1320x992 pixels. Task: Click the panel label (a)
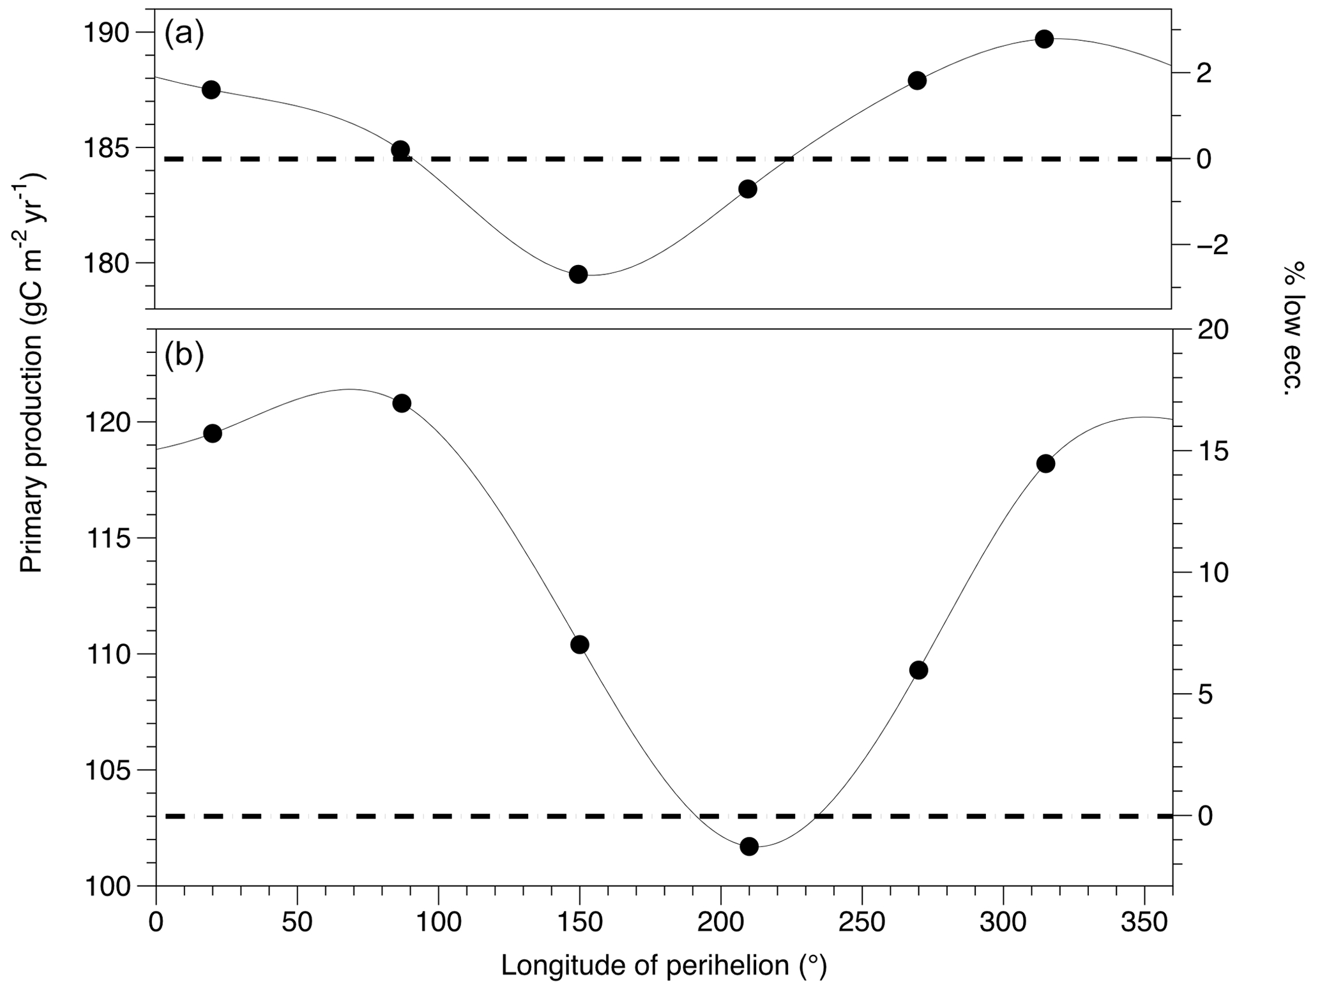pos(184,34)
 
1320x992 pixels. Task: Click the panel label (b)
pos(184,356)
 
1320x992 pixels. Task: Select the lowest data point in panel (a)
pos(579,274)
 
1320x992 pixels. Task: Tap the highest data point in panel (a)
pos(1044,39)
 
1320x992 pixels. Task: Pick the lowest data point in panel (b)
pos(749,846)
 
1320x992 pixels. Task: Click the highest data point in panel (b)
pos(402,403)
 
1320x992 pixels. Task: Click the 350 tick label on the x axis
pos(1144,922)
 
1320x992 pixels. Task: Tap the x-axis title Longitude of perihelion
pos(664,965)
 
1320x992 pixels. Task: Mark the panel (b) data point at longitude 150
pos(580,644)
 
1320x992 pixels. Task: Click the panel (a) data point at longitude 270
pos(917,80)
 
